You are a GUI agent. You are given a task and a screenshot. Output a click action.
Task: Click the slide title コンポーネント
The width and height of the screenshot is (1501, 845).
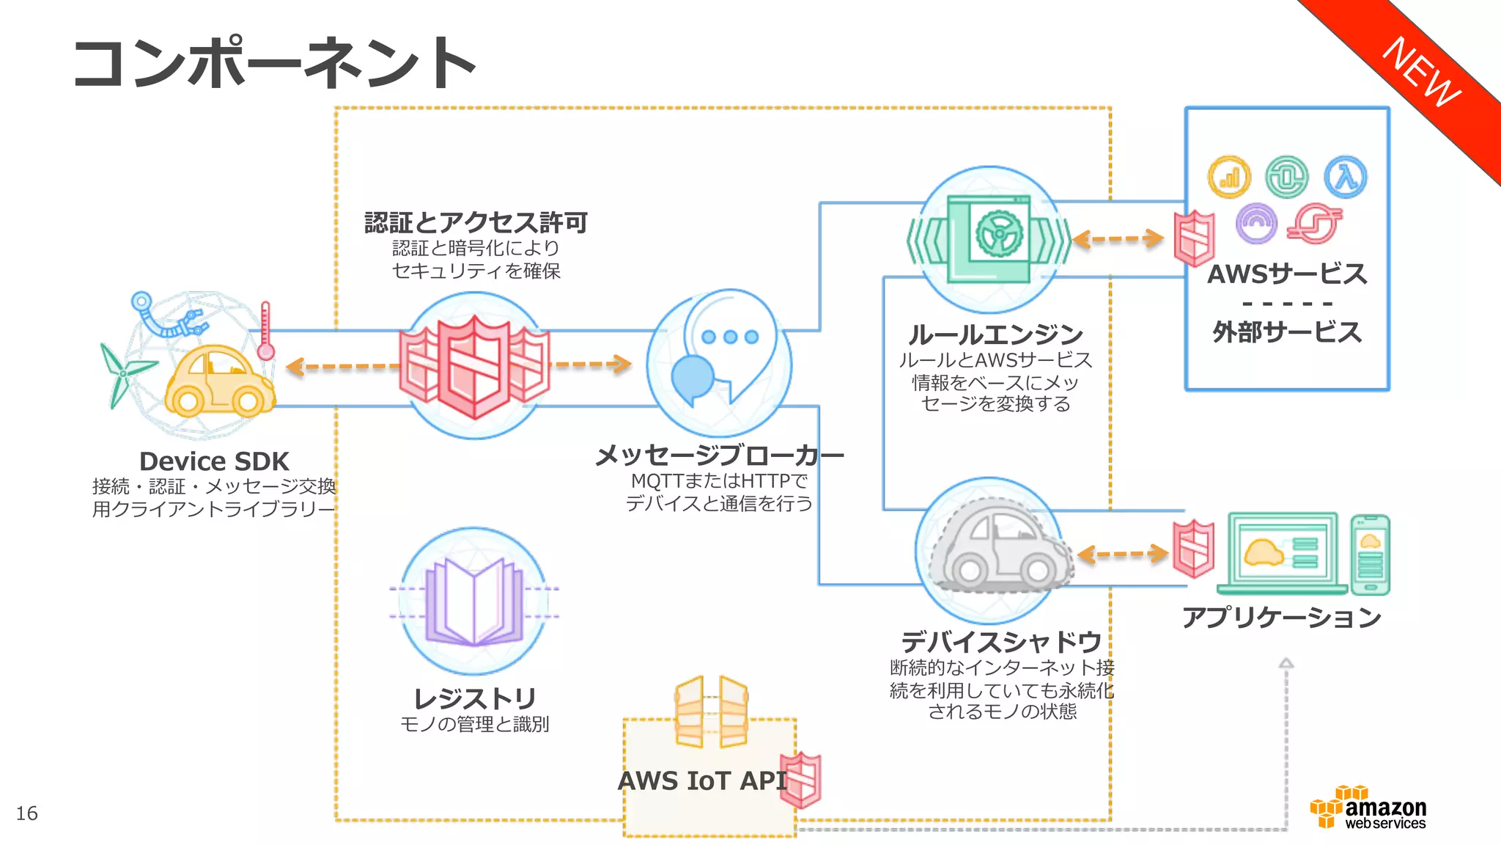coord(275,65)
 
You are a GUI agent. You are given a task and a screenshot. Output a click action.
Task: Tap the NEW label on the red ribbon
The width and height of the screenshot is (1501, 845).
coord(1420,72)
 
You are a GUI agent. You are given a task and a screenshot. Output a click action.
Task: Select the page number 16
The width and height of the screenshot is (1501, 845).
coord(27,813)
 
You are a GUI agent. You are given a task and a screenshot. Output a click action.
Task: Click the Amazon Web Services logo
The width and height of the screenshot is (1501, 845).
coord(1369,808)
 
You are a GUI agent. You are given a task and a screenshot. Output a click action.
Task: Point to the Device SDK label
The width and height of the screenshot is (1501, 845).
coord(214,461)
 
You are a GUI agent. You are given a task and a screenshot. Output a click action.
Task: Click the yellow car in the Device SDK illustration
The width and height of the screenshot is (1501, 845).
coord(218,381)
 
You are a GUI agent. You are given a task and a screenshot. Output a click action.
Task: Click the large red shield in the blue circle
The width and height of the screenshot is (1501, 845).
coord(474,367)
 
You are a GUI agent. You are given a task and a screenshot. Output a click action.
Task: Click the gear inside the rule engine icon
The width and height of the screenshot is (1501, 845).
coord(998,233)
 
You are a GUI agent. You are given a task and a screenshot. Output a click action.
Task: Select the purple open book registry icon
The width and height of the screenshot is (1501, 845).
coord(474,601)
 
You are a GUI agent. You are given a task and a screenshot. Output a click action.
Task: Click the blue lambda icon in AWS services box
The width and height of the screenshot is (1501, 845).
coord(1345,177)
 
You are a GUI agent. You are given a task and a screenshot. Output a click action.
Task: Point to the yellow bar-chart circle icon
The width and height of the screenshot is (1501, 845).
coord(1228,177)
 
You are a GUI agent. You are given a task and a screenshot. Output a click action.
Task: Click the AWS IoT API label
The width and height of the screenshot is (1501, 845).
coord(702,780)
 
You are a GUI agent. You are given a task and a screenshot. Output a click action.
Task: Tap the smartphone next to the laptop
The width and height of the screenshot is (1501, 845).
coord(1370,555)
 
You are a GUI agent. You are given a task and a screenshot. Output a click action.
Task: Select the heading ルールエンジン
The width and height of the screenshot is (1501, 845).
coord(995,334)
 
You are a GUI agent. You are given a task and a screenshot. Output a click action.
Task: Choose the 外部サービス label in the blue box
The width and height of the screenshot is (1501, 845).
coord(1286,332)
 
